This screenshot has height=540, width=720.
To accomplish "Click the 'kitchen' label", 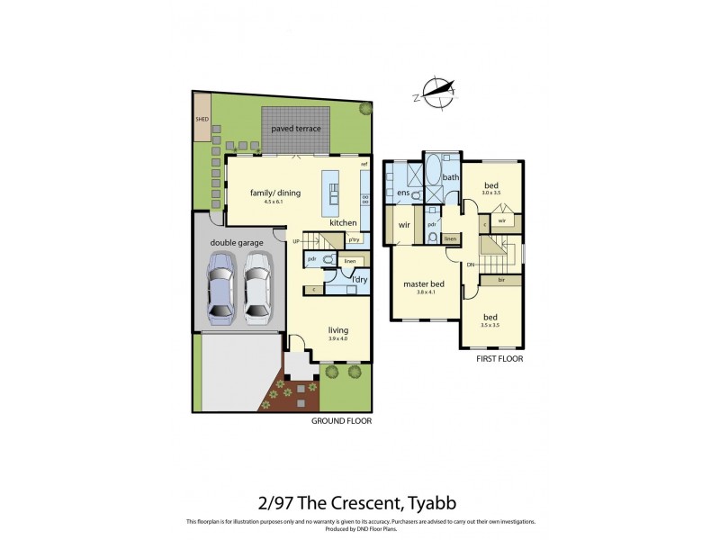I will pyautogui.click(x=343, y=222).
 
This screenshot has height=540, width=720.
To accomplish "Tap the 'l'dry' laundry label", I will pyautogui.click(x=359, y=280).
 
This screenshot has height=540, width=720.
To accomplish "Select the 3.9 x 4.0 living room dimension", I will pyautogui.click(x=338, y=339).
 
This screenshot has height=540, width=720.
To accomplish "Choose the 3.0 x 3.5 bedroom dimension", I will pyautogui.click(x=490, y=193).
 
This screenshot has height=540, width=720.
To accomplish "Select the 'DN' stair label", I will pyautogui.click(x=471, y=264).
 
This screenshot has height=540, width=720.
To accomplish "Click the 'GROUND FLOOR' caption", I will pyautogui.click(x=341, y=420).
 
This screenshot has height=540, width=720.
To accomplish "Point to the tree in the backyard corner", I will pyautogui.click(x=365, y=109).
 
